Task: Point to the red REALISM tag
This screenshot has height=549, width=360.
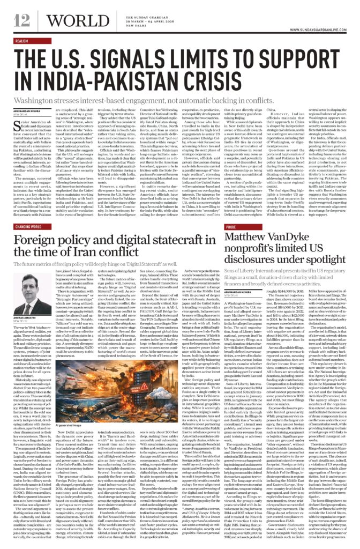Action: (x=21, y=40)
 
